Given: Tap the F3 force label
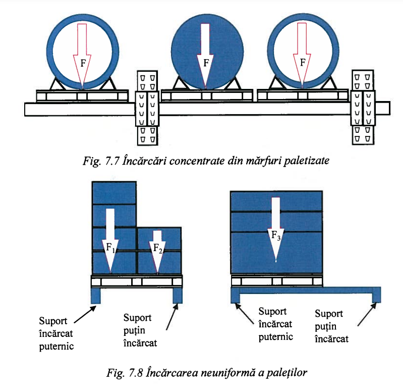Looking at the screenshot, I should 275,235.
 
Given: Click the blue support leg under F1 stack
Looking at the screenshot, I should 96,296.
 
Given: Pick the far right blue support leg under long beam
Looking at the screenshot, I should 376,295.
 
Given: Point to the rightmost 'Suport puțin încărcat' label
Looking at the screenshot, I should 331,326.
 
